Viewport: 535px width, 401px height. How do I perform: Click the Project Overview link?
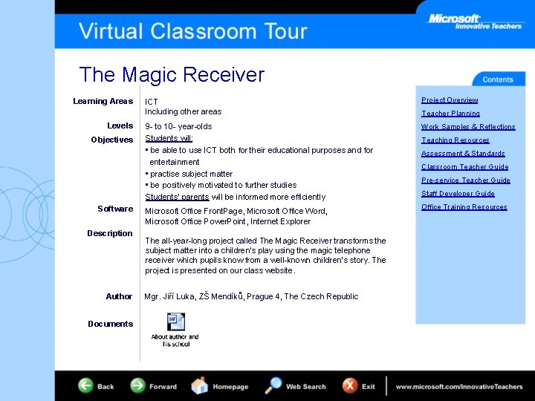[x=450, y=100]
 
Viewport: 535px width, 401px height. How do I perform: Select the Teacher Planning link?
[x=450, y=114]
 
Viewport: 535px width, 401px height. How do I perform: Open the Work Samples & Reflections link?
[x=468, y=127]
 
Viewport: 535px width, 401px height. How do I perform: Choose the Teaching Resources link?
[x=455, y=140]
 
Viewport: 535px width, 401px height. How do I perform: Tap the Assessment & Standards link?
[x=463, y=154]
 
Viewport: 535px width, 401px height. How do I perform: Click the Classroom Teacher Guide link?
[x=464, y=167]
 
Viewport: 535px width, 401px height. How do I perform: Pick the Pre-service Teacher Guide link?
[x=465, y=180]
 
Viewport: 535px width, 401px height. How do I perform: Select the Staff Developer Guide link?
[x=458, y=194]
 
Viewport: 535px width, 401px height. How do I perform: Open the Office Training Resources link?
[x=464, y=207]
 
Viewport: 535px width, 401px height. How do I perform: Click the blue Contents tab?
[x=497, y=79]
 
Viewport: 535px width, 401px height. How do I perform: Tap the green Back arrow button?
[x=87, y=386]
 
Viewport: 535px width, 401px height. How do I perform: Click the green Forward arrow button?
[x=138, y=386]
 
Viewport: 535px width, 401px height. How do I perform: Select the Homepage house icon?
[x=200, y=386]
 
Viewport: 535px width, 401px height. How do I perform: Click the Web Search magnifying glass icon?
[x=273, y=385]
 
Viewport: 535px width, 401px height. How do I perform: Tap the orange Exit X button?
[x=350, y=386]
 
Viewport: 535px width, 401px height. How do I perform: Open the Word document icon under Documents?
[x=175, y=322]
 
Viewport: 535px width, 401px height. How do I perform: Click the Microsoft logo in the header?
[x=454, y=19]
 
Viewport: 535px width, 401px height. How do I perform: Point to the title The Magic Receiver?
[x=172, y=75]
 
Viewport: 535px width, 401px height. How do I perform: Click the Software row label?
[x=115, y=209]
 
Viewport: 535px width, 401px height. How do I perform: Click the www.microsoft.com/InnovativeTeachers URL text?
[x=458, y=387]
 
